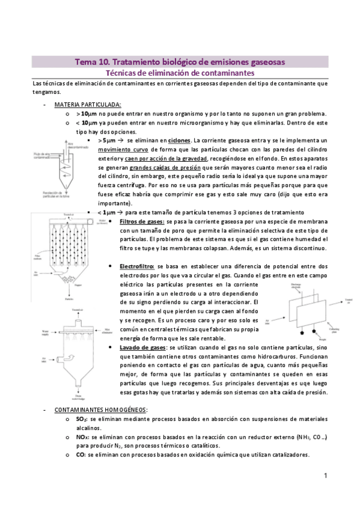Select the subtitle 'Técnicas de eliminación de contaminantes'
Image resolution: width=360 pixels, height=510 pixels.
[180, 73]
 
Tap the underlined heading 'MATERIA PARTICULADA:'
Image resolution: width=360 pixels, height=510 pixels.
[88, 103]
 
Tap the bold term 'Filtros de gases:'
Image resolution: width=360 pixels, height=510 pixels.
[142, 222]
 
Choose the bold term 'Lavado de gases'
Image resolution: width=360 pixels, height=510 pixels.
[142, 347]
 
